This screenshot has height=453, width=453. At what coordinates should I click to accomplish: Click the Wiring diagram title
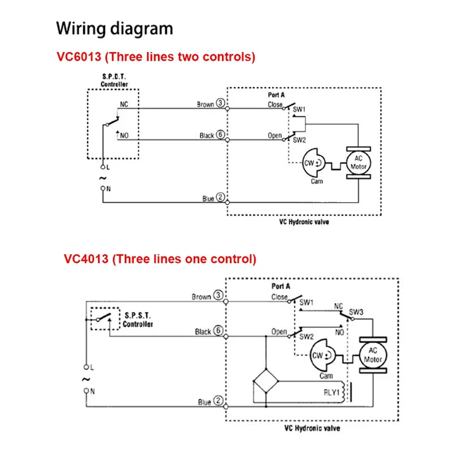point(115,28)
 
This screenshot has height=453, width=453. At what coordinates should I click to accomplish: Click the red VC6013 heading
point(156,57)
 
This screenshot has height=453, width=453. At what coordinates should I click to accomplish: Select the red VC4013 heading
point(160,259)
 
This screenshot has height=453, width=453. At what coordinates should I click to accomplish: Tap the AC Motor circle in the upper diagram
point(358,163)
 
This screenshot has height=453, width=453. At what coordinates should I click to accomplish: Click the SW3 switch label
point(356,312)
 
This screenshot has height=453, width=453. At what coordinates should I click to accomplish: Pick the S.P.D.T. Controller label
point(114,80)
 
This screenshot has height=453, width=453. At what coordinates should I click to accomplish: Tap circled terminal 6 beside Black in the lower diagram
point(219,332)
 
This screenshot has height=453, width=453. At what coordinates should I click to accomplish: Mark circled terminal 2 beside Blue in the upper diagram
point(221,198)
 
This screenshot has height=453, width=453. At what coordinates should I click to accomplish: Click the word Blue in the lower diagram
point(204,403)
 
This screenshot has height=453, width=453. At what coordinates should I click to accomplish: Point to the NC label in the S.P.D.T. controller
point(124,104)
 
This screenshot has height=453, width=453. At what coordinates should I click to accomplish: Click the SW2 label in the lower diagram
point(306,337)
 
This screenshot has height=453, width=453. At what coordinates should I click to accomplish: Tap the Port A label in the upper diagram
point(276,95)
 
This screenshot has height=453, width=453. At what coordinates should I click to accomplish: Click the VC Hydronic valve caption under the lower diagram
point(312,429)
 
